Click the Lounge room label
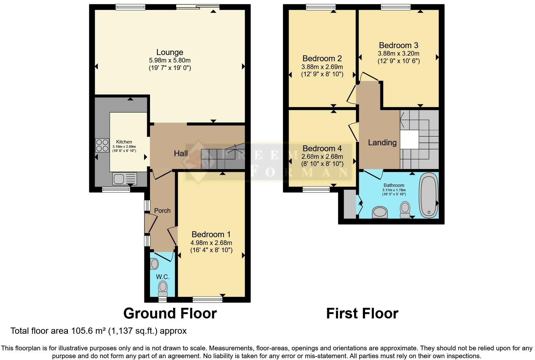170,52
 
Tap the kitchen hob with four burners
102,145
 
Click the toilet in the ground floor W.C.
162,288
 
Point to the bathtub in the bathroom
428,195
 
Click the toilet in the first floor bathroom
405,209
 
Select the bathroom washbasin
380,212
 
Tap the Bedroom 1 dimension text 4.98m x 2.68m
211,243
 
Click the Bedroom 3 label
398,45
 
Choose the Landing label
382,142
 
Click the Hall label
181,153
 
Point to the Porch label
162,211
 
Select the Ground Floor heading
170,313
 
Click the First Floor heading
362,313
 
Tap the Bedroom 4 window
316,189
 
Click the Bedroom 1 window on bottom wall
207,300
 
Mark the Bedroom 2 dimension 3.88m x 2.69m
322,67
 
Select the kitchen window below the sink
116,189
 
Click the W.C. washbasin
154,264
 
